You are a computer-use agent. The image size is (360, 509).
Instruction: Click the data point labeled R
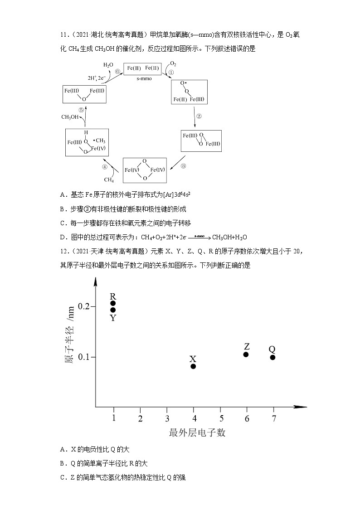point(113,303)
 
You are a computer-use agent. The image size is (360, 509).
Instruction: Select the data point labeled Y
point(113,310)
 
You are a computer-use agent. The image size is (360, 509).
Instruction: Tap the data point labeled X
point(193,366)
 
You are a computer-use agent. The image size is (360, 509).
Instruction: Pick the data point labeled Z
point(246,354)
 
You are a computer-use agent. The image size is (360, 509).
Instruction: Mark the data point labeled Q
point(272,357)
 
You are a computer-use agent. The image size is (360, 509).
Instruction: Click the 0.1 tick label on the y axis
point(85,357)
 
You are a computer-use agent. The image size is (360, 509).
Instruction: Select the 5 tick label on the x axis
point(221,418)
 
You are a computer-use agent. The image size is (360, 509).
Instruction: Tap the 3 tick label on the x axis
point(167,418)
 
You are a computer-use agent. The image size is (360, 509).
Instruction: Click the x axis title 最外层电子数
point(197,433)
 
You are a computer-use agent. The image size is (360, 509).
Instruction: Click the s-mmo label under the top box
point(143,78)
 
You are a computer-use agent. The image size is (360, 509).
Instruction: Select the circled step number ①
point(170,72)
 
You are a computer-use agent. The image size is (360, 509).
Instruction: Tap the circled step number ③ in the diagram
point(183,166)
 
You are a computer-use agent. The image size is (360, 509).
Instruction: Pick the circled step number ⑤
point(81,110)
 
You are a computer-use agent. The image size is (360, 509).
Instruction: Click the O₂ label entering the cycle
point(173,63)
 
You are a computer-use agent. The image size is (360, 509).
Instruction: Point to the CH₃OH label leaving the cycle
point(70,117)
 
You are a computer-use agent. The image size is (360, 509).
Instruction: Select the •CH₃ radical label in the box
point(99,140)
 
